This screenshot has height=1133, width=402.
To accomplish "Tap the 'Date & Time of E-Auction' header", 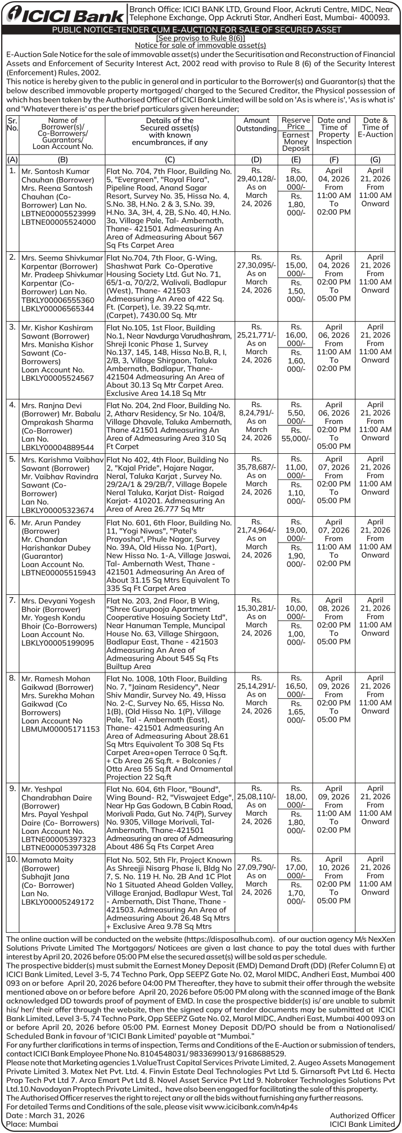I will [375, 128].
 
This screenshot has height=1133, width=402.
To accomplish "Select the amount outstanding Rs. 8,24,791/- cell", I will [256, 421].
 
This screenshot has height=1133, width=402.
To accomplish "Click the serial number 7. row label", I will [12, 601].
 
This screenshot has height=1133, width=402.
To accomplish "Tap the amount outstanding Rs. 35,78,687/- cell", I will [256, 475].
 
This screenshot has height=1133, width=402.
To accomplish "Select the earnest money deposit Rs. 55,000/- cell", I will [296, 437].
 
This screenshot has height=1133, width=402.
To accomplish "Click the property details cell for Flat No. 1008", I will [169, 728].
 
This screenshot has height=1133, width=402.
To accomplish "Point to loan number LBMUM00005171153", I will [60, 729].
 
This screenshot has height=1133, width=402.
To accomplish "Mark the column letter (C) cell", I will [170, 160].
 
